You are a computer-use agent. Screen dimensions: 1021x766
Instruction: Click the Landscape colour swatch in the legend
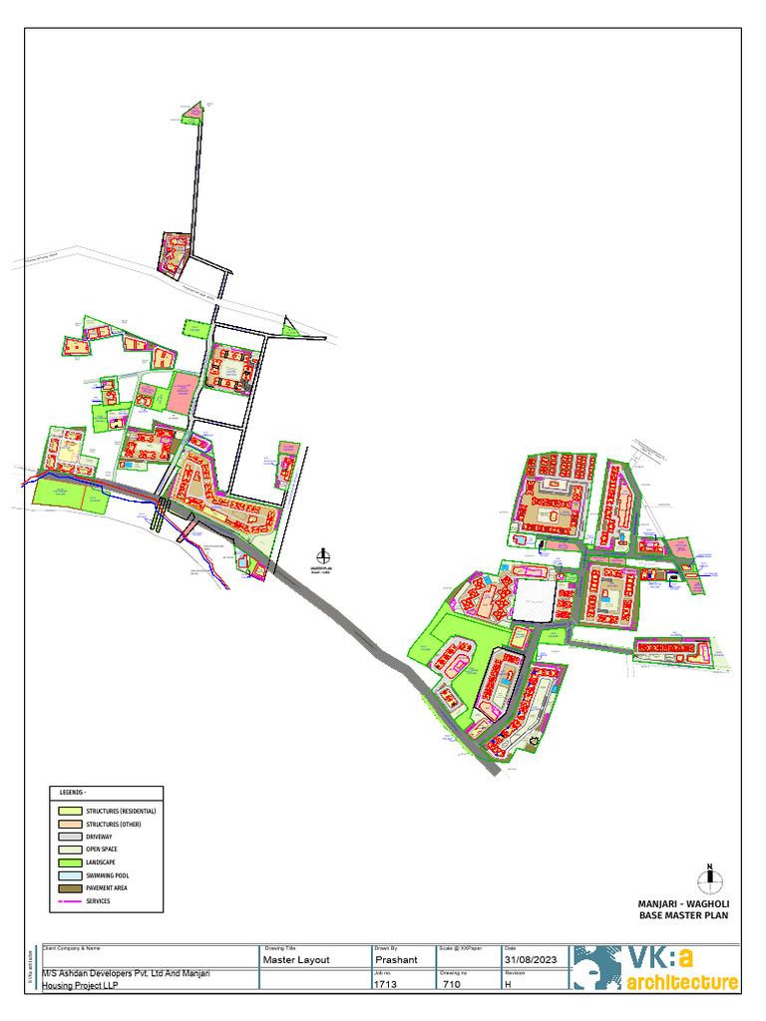pos(70,861)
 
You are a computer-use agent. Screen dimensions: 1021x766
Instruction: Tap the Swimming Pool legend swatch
pos(70,874)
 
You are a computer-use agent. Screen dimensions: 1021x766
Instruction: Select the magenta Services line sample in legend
pos(70,900)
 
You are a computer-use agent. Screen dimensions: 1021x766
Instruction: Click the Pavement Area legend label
pos(107,887)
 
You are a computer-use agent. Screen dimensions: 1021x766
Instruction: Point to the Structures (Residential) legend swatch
pos(70,811)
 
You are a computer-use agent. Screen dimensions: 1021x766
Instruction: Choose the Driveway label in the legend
pos(100,837)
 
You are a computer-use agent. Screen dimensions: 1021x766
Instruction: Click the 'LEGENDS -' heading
pos(73,793)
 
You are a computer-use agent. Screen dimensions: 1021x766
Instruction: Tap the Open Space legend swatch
pos(70,849)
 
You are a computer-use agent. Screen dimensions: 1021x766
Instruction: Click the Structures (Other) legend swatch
pos(70,824)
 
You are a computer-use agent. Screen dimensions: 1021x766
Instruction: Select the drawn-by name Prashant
pos(395,959)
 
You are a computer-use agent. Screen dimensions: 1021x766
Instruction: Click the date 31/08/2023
pos(530,959)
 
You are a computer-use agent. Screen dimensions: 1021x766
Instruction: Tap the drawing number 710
pos(452,983)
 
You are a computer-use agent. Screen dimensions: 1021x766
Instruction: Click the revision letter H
pos(509,983)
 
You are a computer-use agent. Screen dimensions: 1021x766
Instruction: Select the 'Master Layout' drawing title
pos(295,959)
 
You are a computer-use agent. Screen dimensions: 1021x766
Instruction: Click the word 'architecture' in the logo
pos(683,983)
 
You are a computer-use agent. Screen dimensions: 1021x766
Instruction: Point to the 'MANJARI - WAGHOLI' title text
pos(683,903)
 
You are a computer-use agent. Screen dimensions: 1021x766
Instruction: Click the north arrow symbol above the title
pos(710,877)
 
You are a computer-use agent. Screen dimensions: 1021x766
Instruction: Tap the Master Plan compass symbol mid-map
pos(322,556)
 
